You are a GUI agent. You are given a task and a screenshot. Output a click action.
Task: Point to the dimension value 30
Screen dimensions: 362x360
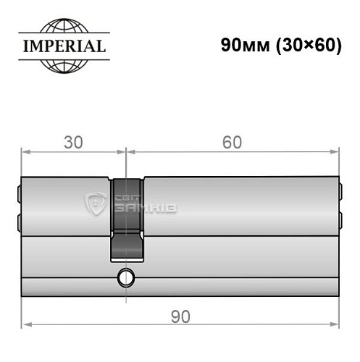pyautogui.click(x=72, y=142)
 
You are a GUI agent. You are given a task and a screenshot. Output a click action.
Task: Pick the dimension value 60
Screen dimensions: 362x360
pyautogui.click(x=232, y=142)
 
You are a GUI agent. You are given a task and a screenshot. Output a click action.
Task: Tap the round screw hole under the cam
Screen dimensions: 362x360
pyautogui.click(x=127, y=277)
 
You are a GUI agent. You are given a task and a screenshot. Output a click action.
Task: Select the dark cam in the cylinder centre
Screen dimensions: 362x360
pyautogui.click(x=126, y=217)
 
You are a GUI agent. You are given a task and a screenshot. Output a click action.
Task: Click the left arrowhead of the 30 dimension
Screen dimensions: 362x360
pyautogui.click(x=24, y=152)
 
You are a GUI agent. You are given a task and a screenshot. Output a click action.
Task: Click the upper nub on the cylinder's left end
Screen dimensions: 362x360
pyautogui.click(x=18, y=193)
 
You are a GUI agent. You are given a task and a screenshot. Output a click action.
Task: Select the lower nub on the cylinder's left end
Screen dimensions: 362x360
pyautogui.click(x=18, y=220)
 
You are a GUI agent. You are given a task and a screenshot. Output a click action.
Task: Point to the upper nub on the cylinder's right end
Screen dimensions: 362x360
pyautogui.click(x=340, y=193)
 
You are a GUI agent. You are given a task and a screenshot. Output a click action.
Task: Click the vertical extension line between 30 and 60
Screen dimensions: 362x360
pyautogui.click(x=126, y=163)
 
